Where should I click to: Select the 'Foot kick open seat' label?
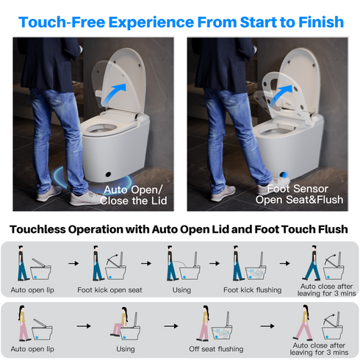pyautogui.click(x=110, y=289)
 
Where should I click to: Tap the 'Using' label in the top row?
pyautogui.click(x=181, y=289)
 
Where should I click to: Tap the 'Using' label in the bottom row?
pyautogui.click(x=125, y=349)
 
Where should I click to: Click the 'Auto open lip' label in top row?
pyautogui.click(x=36, y=289)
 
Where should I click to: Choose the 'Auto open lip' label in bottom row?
pyautogui.click(x=36, y=349)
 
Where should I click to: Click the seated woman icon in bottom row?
pyautogui.click(x=118, y=321)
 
